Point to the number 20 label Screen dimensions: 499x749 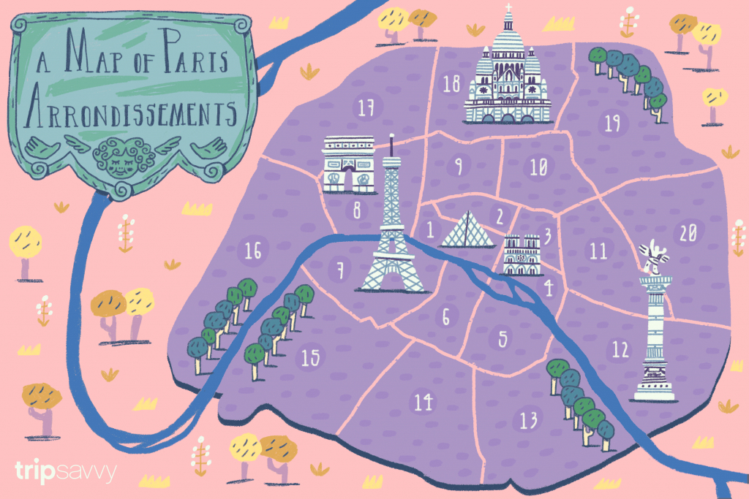[688, 233]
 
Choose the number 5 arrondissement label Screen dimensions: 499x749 [503, 338]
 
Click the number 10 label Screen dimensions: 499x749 [538, 168]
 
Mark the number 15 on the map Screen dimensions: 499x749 [310, 358]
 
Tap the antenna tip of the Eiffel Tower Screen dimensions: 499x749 [392, 139]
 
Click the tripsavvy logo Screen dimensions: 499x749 [65, 472]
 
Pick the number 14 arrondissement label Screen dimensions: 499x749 [423, 402]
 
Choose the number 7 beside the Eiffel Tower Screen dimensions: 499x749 [339, 270]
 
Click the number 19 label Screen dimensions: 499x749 [613, 123]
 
